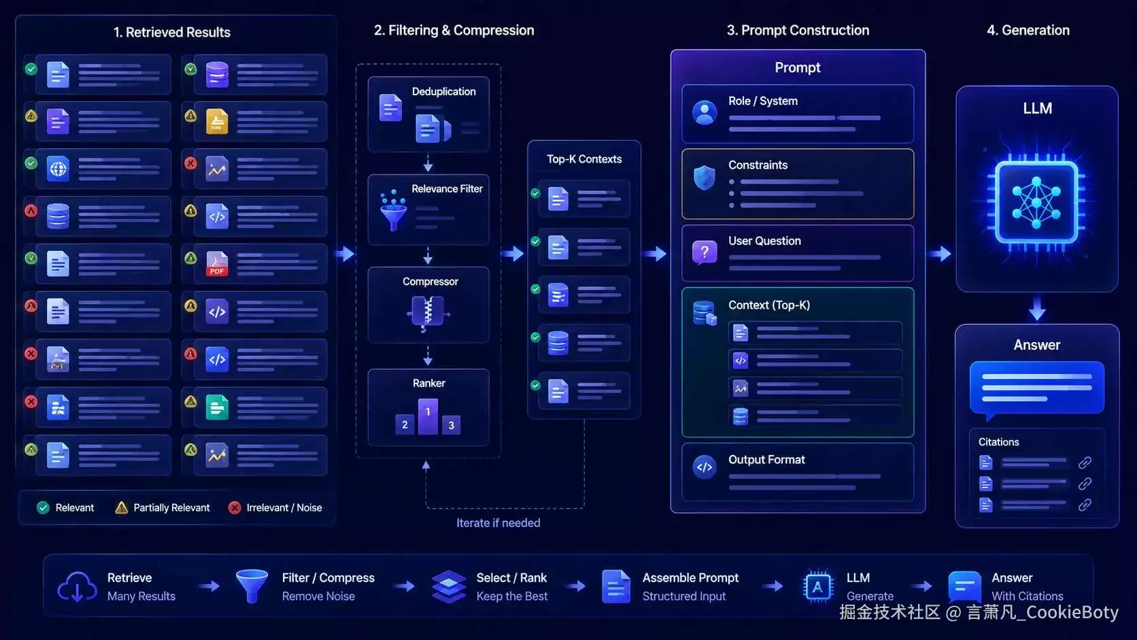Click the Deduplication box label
[x=443, y=91]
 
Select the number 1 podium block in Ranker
[x=428, y=416]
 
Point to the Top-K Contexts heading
[x=583, y=159]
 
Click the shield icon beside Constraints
[x=704, y=178]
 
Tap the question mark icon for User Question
[x=704, y=252]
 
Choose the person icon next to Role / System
[x=704, y=113]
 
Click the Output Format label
[x=766, y=460]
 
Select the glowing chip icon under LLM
[x=1036, y=202]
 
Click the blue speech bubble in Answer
[x=1036, y=389]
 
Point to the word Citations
[x=998, y=442]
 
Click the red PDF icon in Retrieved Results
[x=217, y=264]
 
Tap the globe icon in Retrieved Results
[x=58, y=169]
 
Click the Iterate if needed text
[x=498, y=523]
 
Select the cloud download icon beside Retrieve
[x=77, y=586]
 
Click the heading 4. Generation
[x=1028, y=31]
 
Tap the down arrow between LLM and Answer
[x=1036, y=309]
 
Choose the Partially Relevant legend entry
[x=163, y=507]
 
